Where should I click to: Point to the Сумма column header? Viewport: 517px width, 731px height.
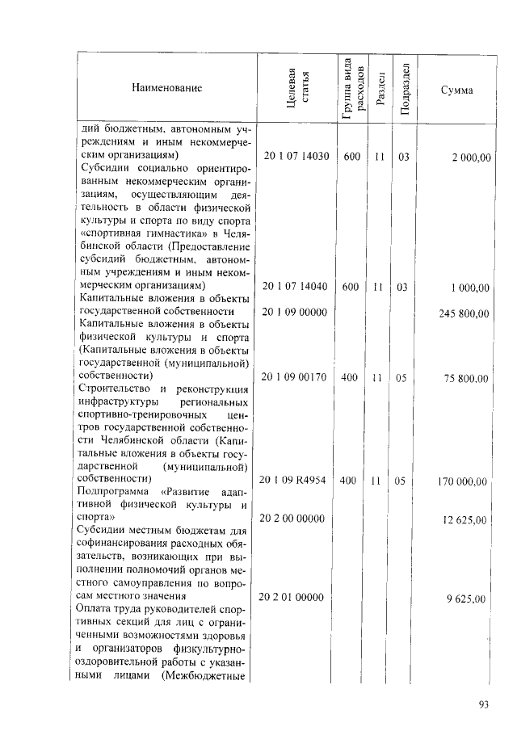tap(456, 88)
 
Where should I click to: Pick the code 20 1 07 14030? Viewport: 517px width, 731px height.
tap(296, 156)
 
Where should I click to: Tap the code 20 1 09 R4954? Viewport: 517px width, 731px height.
tap(296, 481)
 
